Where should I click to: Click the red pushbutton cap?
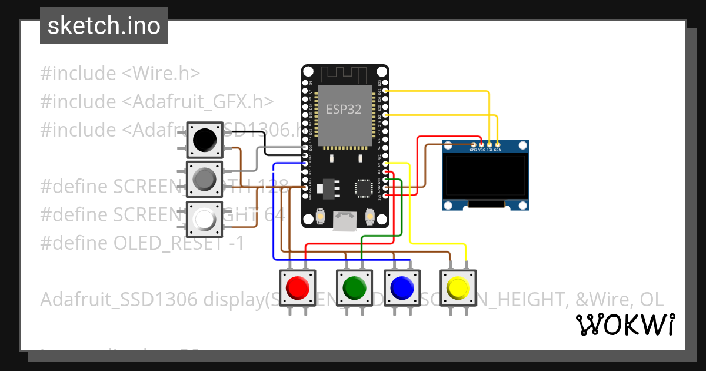tap(297, 287)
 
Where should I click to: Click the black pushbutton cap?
tap(204, 140)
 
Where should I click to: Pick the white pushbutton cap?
tap(204, 219)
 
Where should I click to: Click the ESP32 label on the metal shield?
tap(344, 110)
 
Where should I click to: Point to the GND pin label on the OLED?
tap(473, 150)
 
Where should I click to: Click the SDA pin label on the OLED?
tap(498, 150)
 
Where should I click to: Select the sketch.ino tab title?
tap(104, 26)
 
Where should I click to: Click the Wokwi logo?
tap(625, 324)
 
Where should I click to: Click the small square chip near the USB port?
tap(364, 188)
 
